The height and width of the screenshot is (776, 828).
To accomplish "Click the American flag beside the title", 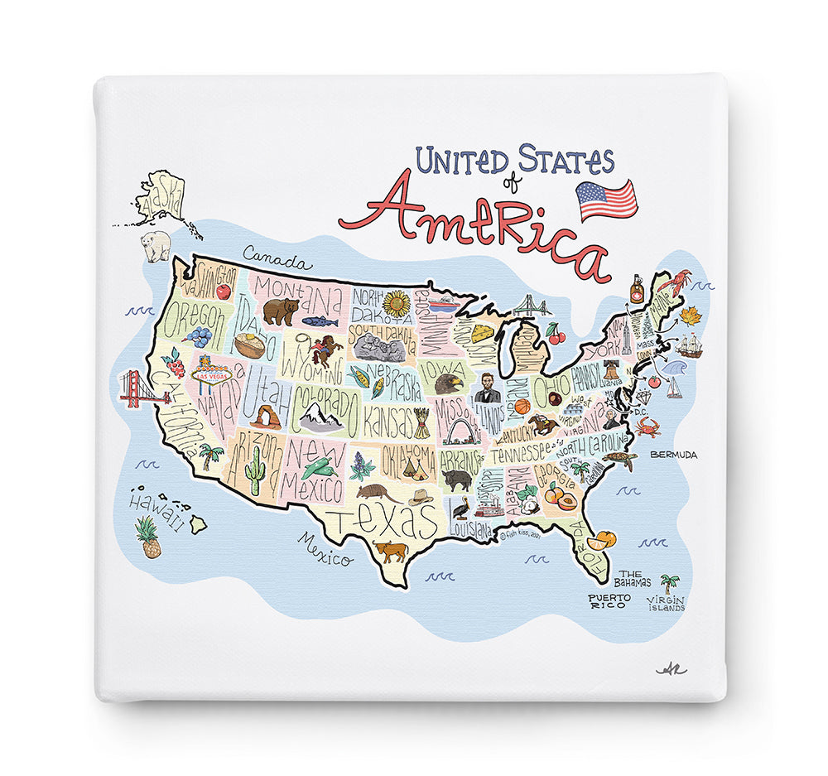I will click(x=607, y=200).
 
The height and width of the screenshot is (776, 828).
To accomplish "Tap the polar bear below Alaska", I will click(x=156, y=244).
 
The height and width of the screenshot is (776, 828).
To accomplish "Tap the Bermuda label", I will click(x=673, y=455).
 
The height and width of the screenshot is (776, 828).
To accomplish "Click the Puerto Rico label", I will click(x=609, y=601).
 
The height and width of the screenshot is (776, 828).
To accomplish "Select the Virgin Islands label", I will click(x=666, y=603).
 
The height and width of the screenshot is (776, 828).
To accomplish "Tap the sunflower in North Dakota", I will click(x=397, y=304).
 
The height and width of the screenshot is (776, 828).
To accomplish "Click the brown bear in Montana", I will click(x=281, y=311).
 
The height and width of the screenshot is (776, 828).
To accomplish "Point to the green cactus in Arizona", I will click(x=255, y=470).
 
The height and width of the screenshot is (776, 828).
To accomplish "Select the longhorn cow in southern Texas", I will click(x=390, y=551).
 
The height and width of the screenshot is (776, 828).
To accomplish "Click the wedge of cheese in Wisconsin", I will click(x=483, y=333).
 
